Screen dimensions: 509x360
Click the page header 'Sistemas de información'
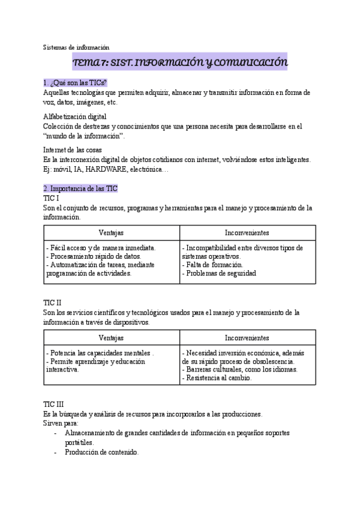point(76,47)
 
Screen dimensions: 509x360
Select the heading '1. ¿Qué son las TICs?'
point(75,82)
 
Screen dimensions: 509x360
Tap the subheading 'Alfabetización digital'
point(75,116)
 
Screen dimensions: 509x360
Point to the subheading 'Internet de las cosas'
point(73,149)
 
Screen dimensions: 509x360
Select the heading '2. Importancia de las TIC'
point(80,188)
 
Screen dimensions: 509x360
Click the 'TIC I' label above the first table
point(52,197)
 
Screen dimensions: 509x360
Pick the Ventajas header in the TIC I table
point(112,233)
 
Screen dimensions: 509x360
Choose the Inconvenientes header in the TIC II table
point(247,339)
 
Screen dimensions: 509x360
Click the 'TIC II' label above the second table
point(53,303)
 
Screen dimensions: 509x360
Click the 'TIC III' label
point(54,405)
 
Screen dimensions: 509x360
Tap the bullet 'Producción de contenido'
point(102,452)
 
